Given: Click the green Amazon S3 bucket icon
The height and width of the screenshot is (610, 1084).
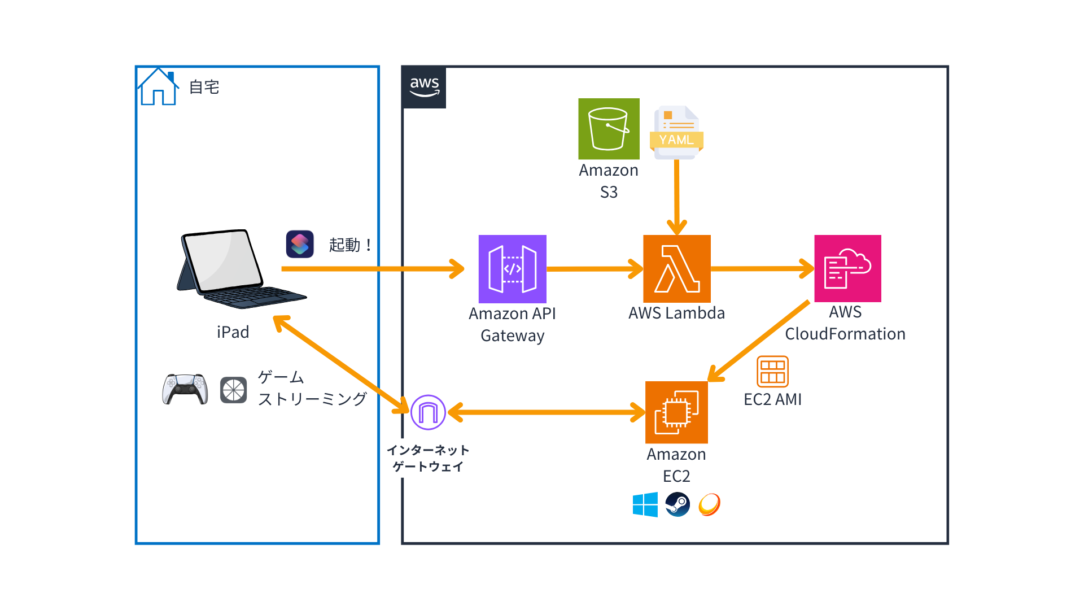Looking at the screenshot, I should coord(609,129).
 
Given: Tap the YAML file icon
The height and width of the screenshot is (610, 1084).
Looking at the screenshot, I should coord(676,132).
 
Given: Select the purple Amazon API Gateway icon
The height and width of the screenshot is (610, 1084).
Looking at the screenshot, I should coord(512,269).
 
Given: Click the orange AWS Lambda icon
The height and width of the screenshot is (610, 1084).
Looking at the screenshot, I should coord(676,269).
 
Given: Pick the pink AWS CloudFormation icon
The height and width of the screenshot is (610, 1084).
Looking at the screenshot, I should coord(847,269).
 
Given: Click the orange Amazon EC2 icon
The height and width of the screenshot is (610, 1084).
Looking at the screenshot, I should coord(676,412).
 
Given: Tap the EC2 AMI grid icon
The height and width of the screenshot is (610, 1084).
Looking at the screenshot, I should coord(772,371).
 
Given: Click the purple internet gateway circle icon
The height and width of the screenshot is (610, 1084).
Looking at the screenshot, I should coord(428,412).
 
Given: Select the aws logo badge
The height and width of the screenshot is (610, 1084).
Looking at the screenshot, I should coord(424,88).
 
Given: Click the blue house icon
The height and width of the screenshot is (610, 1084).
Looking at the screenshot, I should coord(158,88).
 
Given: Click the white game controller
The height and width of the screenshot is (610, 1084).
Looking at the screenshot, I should coord(185,389).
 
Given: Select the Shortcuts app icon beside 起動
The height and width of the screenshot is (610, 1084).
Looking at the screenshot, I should coord(300,245).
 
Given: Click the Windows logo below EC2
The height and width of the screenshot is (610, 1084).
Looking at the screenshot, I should coord(645,504).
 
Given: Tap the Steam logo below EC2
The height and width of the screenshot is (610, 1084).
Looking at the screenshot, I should coord(677,504).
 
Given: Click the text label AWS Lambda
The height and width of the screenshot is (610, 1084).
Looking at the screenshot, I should coord(676,313).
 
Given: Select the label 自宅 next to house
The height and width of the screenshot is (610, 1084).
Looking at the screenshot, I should coord(204,88).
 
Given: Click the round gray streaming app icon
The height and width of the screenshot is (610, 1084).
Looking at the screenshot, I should coord(233,390).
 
